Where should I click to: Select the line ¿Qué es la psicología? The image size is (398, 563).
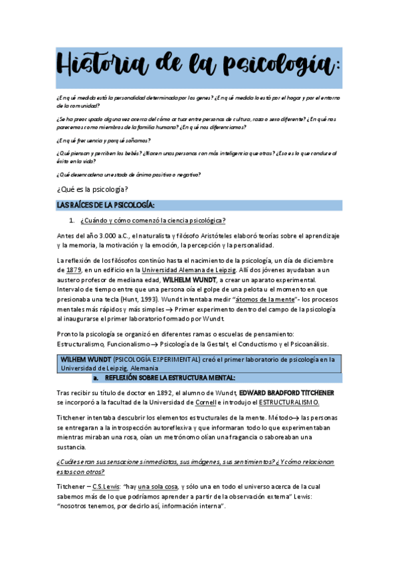pos(92,190)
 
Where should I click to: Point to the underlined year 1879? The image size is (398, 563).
pos(74,270)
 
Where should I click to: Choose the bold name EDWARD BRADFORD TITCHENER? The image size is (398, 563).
pos(287,393)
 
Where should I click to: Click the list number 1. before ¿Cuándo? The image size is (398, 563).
pos(72,220)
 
